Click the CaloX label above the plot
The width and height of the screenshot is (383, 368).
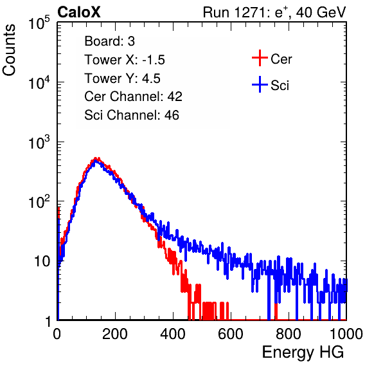[79, 12]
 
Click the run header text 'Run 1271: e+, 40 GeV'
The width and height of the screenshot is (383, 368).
[274, 12]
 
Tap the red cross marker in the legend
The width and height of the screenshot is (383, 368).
[260, 58]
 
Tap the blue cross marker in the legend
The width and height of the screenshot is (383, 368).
[260, 84]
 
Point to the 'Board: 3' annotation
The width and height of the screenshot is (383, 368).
[109, 41]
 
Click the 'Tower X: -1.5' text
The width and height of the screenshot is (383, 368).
[125, 60]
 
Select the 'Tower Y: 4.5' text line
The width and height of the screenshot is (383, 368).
[122, 78]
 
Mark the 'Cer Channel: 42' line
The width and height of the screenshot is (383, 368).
[133, 97]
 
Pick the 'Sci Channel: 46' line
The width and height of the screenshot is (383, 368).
[132, 115]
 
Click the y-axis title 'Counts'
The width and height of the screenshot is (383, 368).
[9, 50]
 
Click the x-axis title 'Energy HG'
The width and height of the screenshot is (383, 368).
[303, 352]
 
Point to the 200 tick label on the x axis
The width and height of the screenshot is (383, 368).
[115, 334]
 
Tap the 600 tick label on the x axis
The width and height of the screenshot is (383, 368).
[231, 334]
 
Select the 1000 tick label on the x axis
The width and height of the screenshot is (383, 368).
[346, 334]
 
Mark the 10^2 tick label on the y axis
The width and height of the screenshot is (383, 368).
[39, 201]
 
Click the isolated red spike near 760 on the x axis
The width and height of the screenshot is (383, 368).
[276, 311]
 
